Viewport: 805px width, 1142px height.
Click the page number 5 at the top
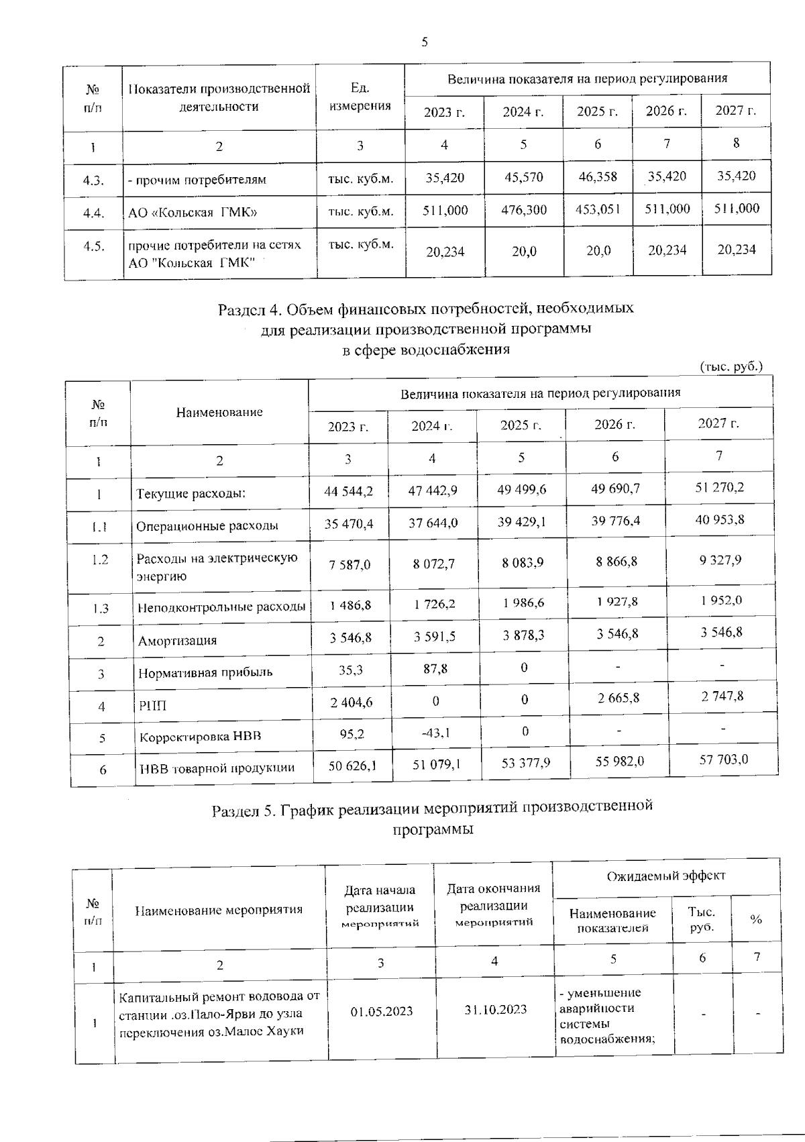pos(424,43)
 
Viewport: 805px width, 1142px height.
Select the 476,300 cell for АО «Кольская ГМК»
pos(523,210)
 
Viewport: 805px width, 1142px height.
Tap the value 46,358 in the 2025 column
pos(597,177)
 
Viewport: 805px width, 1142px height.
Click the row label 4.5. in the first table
pos(94,246)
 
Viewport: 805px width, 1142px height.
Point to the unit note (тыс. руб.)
pos(731,366)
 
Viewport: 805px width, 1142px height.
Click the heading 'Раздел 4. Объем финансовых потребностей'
pos(425,309)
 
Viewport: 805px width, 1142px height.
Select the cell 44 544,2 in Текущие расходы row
pos(348,491)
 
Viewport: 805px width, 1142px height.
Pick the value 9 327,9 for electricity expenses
pos(720,560)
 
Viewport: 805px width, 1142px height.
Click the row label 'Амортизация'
pos(177,641)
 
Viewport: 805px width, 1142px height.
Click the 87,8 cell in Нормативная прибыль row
pos(435,669)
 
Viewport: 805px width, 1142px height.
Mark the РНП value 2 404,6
pos(351,702)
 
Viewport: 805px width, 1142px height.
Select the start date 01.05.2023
pos(381,1011)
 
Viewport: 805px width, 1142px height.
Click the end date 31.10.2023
pos(494,1010)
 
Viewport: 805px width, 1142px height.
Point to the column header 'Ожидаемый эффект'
pos(665,876)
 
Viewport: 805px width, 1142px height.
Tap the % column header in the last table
pos(756,920)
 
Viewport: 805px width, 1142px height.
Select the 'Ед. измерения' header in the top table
pos(360,97)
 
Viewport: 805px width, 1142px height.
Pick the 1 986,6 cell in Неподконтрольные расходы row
pos(523,603)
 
